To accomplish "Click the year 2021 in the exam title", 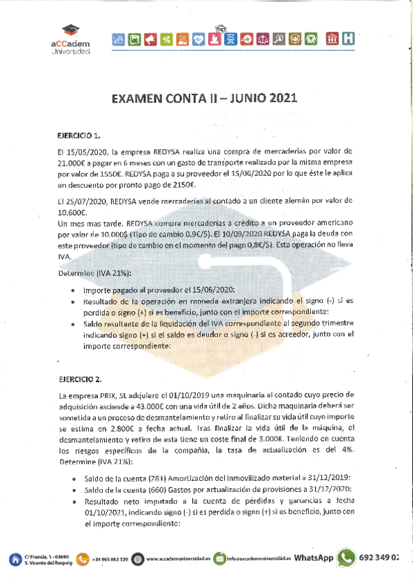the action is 279,98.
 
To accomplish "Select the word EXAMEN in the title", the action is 137,98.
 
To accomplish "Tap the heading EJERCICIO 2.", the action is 80,379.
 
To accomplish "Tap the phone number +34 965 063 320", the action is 110,559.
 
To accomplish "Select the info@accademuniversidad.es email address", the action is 260,559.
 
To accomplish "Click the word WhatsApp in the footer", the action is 314,558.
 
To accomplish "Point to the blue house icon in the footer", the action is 15,559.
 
